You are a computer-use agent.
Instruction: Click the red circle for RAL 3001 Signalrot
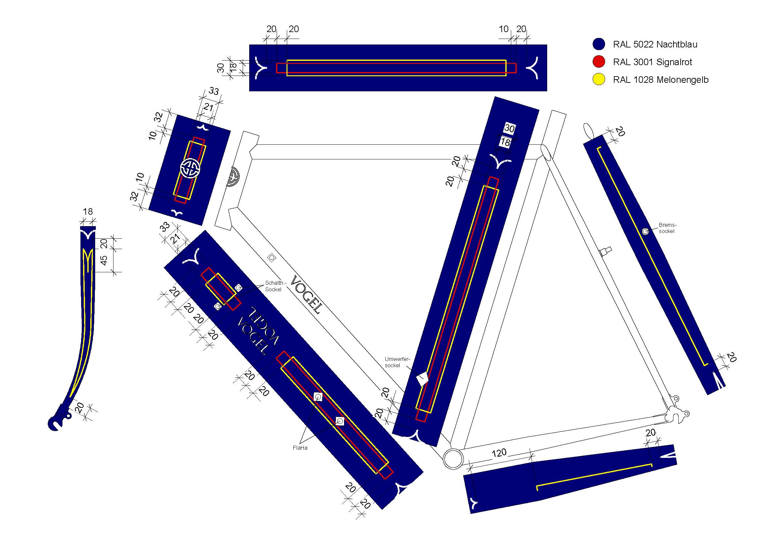[x=599, y=62]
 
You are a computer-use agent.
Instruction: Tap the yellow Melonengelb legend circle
[x=599, y=79]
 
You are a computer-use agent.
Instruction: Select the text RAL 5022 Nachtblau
[x=655, y=44]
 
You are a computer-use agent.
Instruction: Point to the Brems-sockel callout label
[x=668, y=228]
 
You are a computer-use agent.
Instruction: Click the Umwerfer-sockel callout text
[x=397, y=362]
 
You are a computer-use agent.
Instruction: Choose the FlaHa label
[x=300, y=448]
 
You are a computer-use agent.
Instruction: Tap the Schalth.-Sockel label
[x=275, y=286]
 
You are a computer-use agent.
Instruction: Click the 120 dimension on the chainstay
[x=499, y=453]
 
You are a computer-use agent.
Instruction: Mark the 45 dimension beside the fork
[x=104, y=260]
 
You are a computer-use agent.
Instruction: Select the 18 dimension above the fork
[x=88, y=211]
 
